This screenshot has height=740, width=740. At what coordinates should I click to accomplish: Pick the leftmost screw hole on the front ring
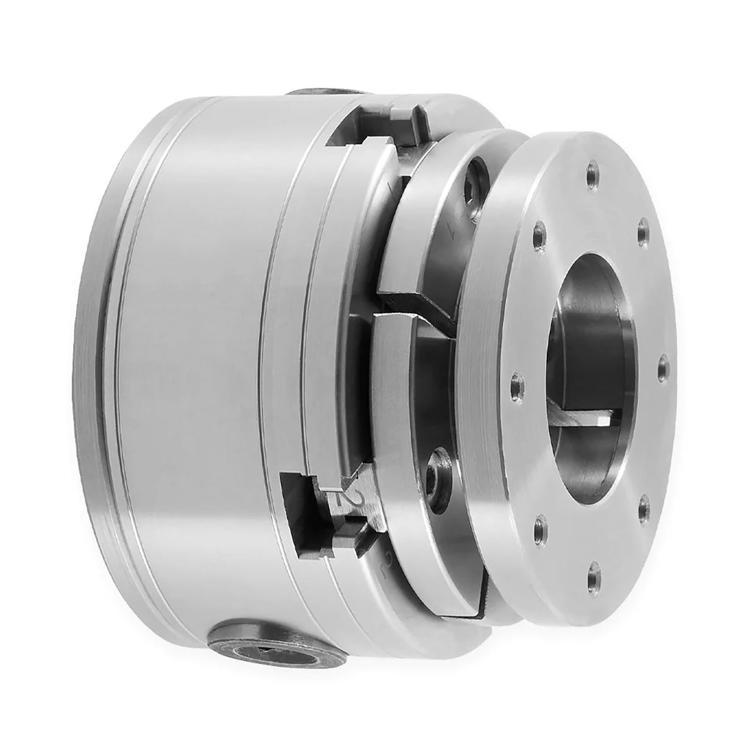(517, 383)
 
